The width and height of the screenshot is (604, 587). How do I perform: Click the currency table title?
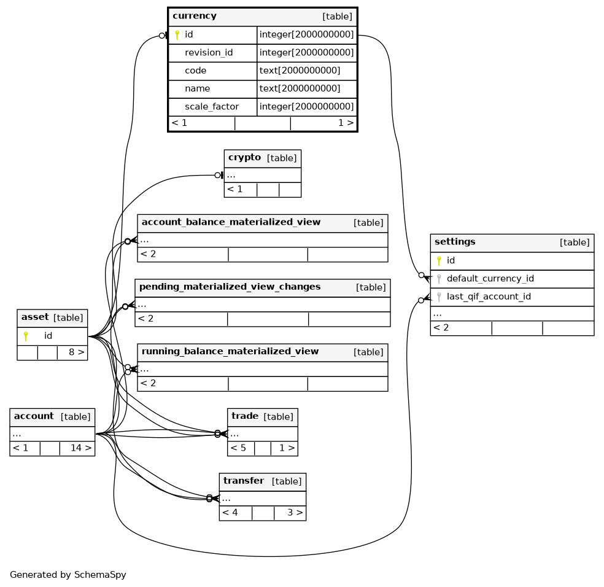coord(195,16)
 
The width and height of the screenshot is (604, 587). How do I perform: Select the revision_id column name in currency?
coord(209,52)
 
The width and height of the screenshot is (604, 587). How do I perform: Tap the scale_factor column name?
coord(212,106)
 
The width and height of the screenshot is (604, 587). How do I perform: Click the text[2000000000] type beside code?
coord(300,71)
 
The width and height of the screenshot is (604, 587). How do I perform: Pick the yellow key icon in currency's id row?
coord(177,34)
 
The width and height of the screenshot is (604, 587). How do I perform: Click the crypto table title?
coord(244,158)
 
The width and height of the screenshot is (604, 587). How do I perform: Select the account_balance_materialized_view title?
coord(231,222)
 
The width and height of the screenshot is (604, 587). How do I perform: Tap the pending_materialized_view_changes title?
coord(230,287)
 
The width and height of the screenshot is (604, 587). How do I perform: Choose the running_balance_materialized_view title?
coord(230,351)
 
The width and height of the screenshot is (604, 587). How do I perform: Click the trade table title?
coord(245,416)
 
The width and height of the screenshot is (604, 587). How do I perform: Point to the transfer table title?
coord(244,481)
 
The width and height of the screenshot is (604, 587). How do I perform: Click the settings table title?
coord(455,242)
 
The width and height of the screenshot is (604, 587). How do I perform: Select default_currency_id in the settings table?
coord(490,279)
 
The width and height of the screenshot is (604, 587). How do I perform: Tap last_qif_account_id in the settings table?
coord(489,297)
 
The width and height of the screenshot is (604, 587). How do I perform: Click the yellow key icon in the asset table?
coord(26,336)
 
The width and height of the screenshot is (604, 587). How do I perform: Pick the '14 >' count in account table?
coord(81,448)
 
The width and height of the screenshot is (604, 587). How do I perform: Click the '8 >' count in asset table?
coord(77,352)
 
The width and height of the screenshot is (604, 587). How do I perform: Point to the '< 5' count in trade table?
coord(238,448)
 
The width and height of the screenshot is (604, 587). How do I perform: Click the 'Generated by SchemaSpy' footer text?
coord(68,575)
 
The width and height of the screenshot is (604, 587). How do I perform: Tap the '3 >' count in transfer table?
coord(295,513)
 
